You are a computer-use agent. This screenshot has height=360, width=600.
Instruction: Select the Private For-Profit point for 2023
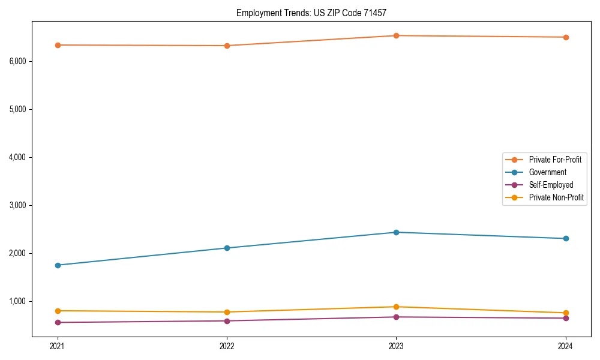coord(396,35)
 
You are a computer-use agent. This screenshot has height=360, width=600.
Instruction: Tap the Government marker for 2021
coord(58,265)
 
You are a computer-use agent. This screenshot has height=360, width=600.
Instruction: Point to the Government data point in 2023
coord(396,232)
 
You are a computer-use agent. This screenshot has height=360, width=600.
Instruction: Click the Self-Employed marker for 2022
coord(227,321)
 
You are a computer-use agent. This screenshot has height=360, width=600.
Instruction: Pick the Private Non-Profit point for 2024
coord(566,313)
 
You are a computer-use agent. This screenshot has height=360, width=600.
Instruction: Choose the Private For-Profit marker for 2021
coord(58,45)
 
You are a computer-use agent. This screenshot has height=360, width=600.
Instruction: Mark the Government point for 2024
coord(566,239)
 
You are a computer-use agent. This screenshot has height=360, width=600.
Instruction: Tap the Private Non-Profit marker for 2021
coord(58,311)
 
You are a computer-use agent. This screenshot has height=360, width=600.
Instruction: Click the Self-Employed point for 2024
coord(566,318)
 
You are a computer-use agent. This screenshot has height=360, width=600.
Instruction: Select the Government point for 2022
coord(227,248)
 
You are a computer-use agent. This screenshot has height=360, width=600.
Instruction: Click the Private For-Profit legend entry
coord(554,160)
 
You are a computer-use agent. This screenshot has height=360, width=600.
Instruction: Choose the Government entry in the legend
coord(547,172)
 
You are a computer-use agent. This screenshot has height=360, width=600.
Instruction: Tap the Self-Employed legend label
coord(551,185)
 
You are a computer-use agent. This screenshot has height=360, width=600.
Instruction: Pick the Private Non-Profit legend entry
coord(556,197)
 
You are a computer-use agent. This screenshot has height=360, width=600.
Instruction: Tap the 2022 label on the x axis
coord(227,346)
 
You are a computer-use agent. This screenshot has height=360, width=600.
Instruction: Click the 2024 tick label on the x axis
coord(566,346)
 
